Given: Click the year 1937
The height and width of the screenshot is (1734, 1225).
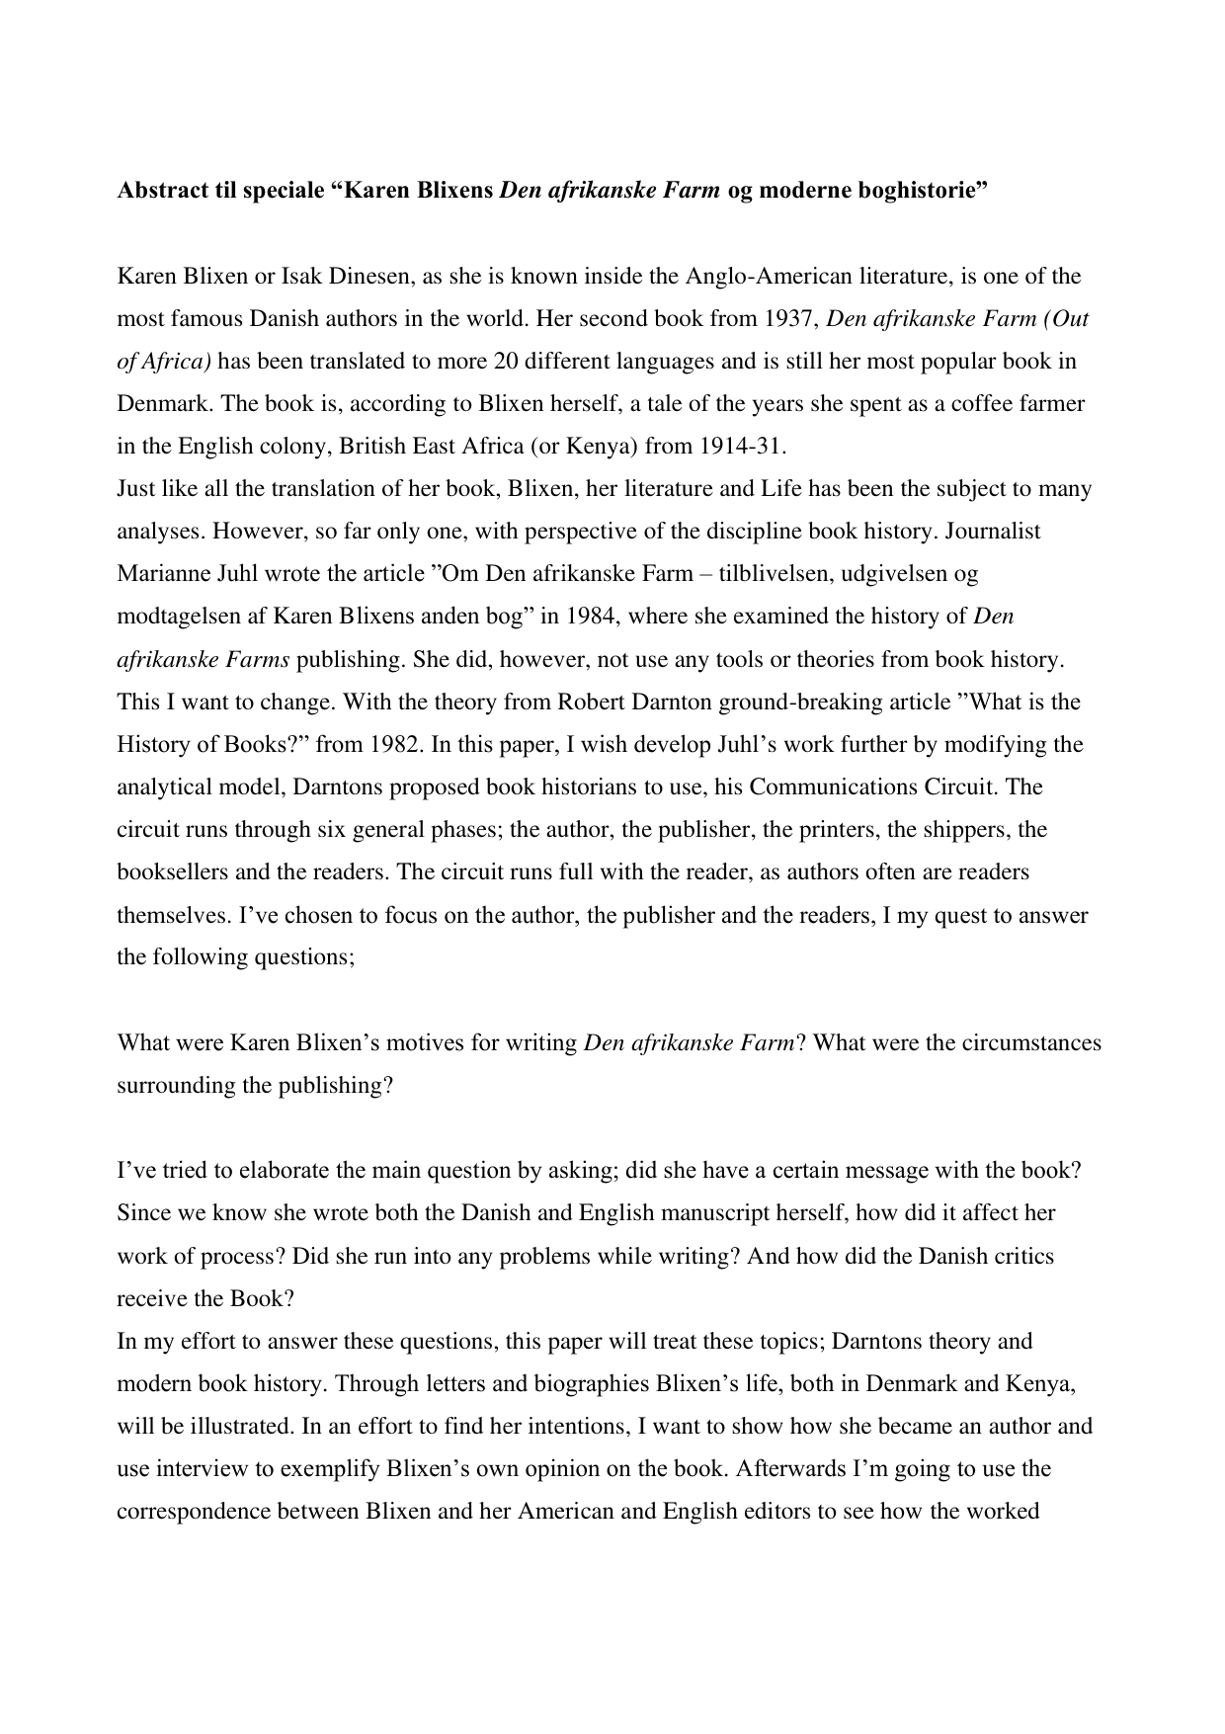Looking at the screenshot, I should pyautogui.click(x=789, y=318).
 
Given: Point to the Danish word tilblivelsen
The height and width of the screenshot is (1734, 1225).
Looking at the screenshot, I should pyautogui.click(x=725, y=573).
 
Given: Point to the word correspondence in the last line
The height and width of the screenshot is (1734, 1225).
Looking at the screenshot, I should pyautogui.click(x=193, y=1511).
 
